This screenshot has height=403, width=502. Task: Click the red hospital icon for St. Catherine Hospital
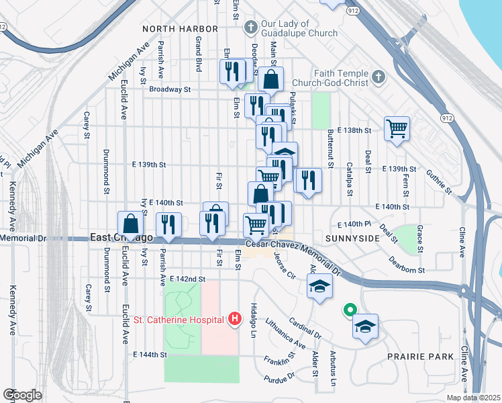pyautogui.click(x=234, y=318)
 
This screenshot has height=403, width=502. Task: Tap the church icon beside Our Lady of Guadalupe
pyautogui.click(x=250, y=28)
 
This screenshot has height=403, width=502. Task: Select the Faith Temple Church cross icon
pyautogui.click(x=378, y=77)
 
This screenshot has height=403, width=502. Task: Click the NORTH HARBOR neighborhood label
pyautogui.click(x=181, y=29)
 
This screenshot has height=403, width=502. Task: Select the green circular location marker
pyautogui.click(x=349, y=310)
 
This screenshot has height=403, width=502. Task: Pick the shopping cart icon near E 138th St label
pyautogui.click(x=397, y=128)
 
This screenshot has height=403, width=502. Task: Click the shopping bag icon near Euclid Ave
pyautogui.click(x=131, y=224)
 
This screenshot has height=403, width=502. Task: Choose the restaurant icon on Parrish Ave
pyautogui.click(x=168, y=225)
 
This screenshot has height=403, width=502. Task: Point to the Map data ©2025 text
pyautogui.click(x=473, y=398)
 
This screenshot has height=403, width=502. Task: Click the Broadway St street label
pyautogui.click(x=170, y=89)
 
